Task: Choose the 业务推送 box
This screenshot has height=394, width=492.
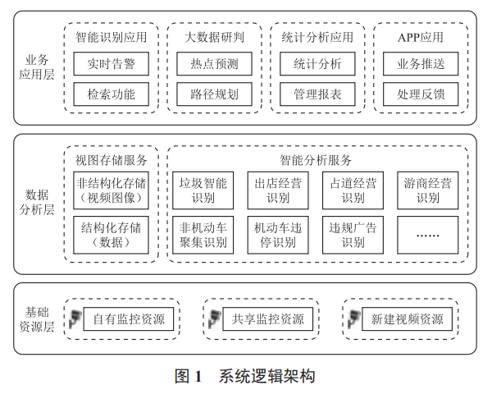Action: point(421,64)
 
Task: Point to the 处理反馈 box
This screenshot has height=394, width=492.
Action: point(421,94)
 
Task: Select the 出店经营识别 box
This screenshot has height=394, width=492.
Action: point(277,189)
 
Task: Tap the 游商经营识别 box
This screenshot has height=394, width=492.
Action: point(427,189)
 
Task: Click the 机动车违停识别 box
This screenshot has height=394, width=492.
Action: point(277,234)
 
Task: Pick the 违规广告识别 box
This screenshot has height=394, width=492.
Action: point(353,234)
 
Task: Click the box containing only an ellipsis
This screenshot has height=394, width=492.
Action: point(427,234)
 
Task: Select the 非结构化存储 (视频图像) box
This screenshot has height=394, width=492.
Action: point(112,189)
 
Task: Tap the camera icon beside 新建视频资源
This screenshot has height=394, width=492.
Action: point(355,319)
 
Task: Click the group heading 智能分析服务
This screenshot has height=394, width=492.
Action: point(315,159)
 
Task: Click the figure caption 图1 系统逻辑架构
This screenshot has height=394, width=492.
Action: point(245,377)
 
